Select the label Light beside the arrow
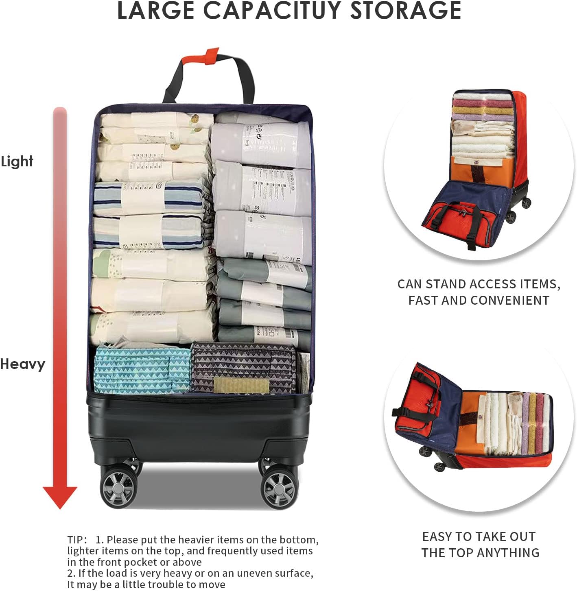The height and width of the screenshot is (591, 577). (17, 161)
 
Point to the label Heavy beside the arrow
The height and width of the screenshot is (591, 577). (22, 364)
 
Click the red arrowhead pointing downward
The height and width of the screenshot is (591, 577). (60, 496)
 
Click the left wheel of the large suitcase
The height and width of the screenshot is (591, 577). (117, 487)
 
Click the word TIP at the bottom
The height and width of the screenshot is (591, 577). (75, 540)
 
